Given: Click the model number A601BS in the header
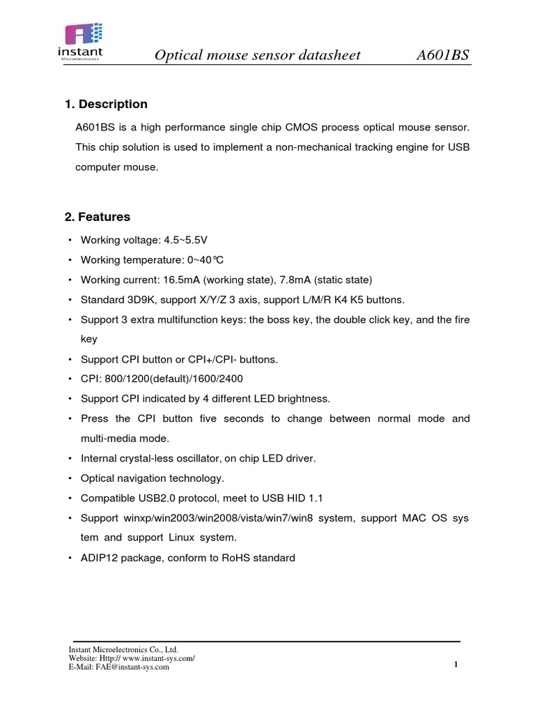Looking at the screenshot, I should click(x=442, y=55).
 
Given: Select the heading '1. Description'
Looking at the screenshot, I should click(x=106, y=105).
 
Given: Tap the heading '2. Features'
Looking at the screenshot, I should click(x=98, y=218).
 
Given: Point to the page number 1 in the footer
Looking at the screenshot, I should click(x=456, y=664).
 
